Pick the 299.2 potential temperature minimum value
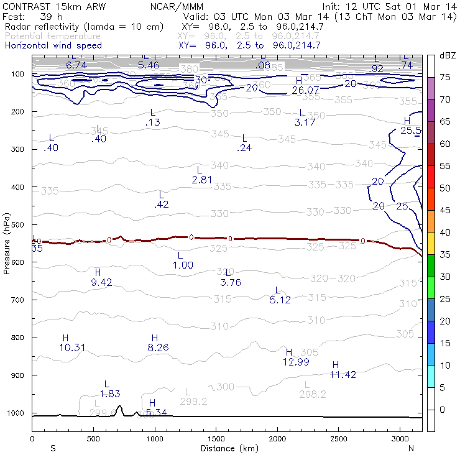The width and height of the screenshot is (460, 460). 193,402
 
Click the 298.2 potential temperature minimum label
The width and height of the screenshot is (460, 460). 313,394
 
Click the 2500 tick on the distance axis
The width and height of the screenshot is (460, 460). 339,439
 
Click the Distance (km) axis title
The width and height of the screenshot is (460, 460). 227,448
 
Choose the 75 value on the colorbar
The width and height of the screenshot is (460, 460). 446,78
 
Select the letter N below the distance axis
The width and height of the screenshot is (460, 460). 411,448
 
